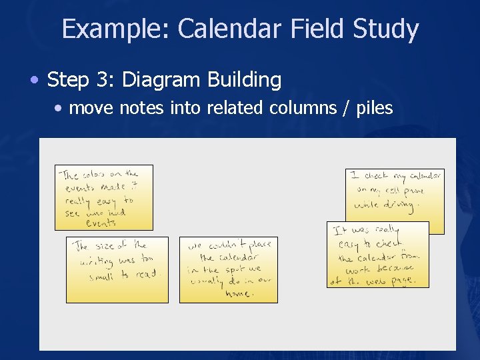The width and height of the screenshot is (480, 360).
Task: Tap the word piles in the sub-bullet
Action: [x=375, y=108]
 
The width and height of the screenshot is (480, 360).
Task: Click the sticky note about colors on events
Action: [x=103, y=197]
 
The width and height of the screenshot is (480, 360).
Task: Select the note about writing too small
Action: [x=117, y=269]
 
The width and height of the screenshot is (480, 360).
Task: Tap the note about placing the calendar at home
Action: [x=228, y=269]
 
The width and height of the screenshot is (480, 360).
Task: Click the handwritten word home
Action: [x=238, y=293]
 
